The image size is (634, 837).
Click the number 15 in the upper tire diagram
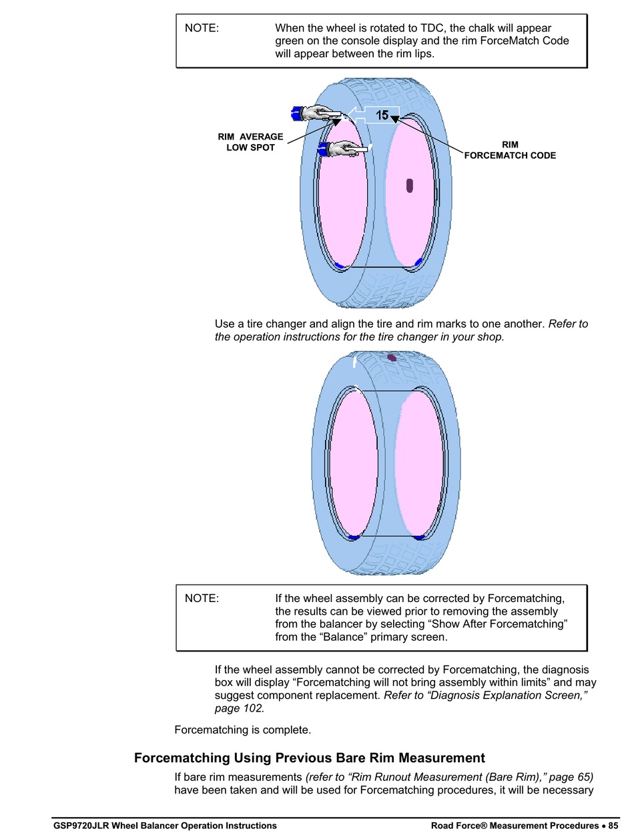point(382,115)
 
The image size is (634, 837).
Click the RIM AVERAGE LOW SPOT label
point(250,142)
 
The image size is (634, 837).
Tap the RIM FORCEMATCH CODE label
point(510,150)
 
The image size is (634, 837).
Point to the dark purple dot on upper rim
point(409,186)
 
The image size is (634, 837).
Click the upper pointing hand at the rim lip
point(316,113)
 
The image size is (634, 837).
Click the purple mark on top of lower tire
point(392,358)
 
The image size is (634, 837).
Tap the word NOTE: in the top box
point(202,28)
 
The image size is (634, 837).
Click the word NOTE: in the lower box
point(202,598)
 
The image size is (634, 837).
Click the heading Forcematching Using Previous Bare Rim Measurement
point(310,758)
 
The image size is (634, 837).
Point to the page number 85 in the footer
point(613,826)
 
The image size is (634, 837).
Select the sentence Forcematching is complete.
point(243,730)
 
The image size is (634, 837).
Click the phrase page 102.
point(240,708)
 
